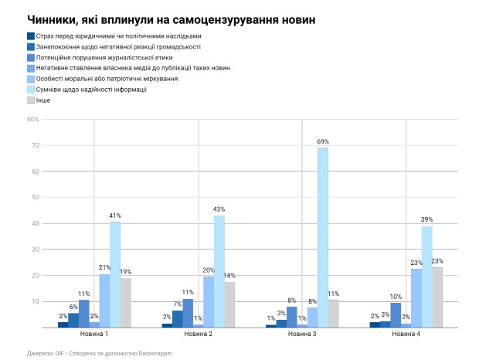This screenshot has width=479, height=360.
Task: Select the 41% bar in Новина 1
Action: click(x=114, y=274)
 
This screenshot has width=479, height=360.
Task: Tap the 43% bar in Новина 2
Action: click(x=219, y=271)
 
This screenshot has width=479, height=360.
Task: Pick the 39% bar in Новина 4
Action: click(x=426, y=277)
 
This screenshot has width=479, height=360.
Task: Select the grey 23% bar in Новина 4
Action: click(x=437, y=297)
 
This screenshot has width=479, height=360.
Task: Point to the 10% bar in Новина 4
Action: click(x=396, y=314)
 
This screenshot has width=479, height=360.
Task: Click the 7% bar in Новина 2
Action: click(x=177, y=318)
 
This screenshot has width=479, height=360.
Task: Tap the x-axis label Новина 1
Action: click(x=94, y=335)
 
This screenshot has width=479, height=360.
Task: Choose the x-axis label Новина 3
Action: click(x=302, y=335)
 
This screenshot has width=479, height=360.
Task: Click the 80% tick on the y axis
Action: click(x=33, y=120)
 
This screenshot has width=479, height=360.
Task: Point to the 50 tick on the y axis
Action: click(x=35, y=198)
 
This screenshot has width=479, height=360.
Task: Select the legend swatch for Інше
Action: click(x=30, y=100)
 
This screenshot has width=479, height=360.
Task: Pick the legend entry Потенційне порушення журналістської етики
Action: click(x=104, y=57)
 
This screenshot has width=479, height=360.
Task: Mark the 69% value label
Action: click(x=323, y=141)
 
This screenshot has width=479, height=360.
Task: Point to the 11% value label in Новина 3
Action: click(x=334, y=294)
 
